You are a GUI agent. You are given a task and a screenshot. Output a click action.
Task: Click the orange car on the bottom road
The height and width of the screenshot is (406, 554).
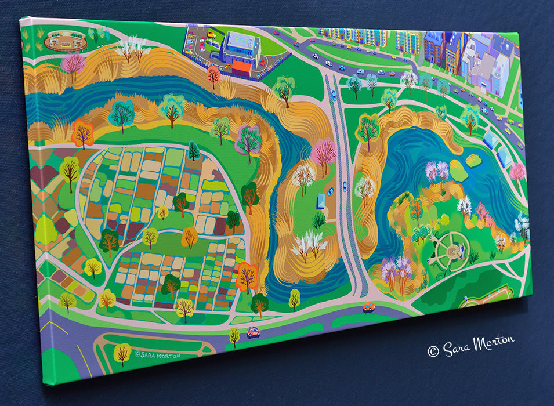coord(369,307)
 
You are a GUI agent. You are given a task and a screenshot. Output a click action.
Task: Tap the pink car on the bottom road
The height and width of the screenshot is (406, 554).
coord(254,332)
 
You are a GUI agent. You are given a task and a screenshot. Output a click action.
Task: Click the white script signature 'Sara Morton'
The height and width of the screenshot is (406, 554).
coord(470,346)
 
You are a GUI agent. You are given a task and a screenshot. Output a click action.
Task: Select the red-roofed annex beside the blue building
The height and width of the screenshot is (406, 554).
coord(241,68)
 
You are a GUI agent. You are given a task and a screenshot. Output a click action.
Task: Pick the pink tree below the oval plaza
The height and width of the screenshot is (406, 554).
coord(73,64)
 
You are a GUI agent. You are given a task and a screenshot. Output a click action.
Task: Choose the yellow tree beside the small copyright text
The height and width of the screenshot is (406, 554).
coord(122,353)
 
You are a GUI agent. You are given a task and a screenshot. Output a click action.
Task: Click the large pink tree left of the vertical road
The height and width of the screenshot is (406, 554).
coord(324,153)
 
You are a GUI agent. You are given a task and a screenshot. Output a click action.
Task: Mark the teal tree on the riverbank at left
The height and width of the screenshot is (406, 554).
coord(121,114)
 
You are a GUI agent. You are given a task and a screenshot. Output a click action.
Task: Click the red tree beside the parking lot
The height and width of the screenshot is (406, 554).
coord(214,75)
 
